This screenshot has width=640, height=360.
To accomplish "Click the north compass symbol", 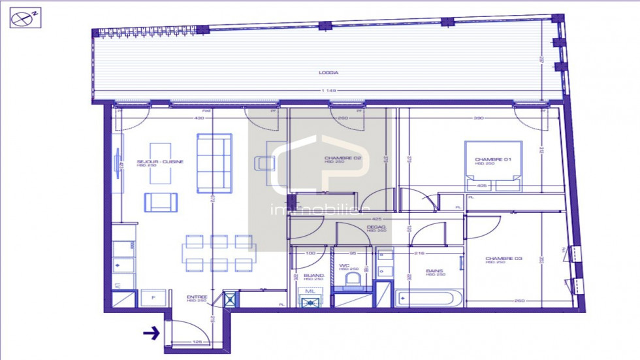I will tap(25, 18).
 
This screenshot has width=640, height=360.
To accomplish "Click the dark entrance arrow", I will tap(152, 333).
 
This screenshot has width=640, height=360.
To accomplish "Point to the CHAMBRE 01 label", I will tap(488, 159).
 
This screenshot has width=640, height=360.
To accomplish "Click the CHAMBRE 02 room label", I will tap(343, 158).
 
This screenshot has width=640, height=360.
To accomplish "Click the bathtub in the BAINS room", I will tap(428, 299).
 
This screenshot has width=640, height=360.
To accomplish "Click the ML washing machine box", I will tap(310, 297).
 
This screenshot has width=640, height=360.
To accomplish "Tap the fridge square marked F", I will tap(153, 299).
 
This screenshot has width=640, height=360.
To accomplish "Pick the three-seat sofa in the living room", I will tap(214, 163).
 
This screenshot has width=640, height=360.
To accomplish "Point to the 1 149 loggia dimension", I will tap(328, 90).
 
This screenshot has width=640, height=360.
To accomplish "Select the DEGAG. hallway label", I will tap(377, 227).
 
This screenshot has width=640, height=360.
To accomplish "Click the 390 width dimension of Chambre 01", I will tap(478, 118).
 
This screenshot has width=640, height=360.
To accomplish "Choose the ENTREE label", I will tap(197, 297).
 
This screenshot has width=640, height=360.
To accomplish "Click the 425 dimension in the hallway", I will tap(376, 218).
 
